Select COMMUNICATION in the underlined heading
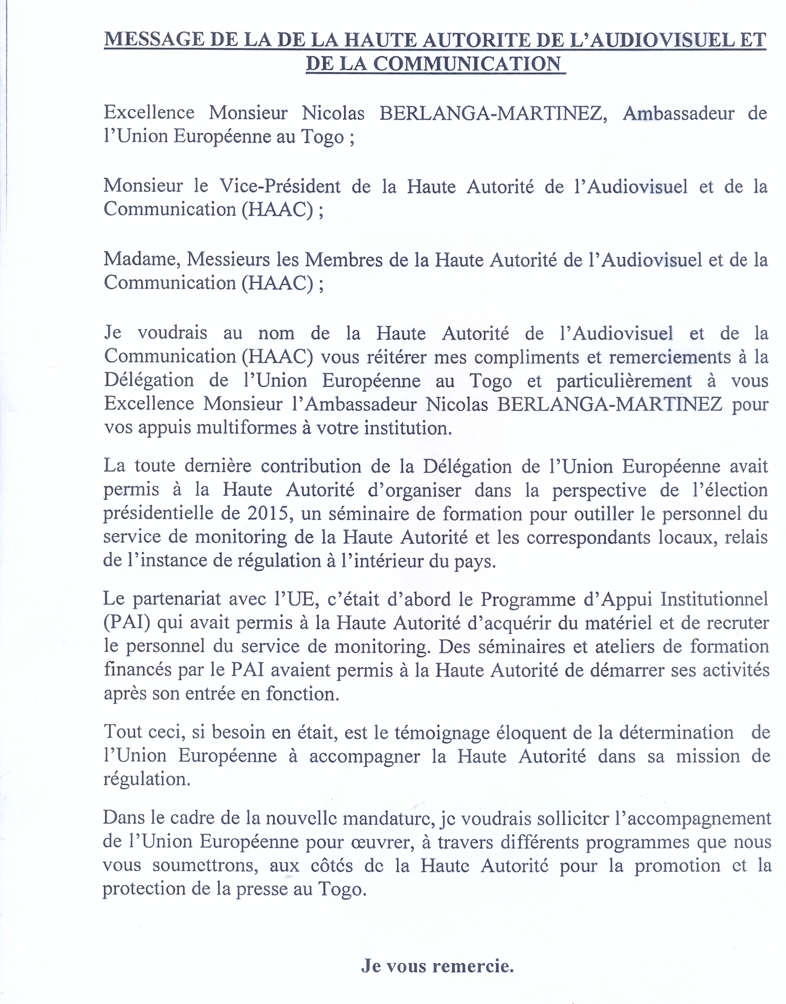pyautogui.click(x=468, y=64)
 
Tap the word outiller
pyautogui.click(x=604, y=513)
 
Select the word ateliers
pyautogui.click(x=623, y=646)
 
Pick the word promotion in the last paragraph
pyautogui.click(x=677, y=865)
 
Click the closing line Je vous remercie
pyautogui.click(x=437, y=966)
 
